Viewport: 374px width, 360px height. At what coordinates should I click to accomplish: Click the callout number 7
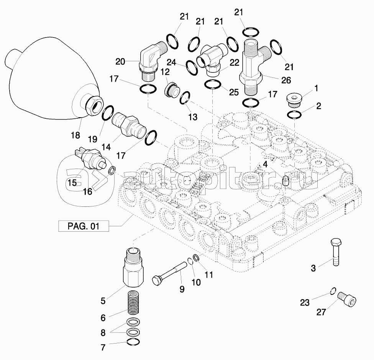103,348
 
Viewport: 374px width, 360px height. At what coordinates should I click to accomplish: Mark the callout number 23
305,303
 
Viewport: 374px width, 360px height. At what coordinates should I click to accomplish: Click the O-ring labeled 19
108,114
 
